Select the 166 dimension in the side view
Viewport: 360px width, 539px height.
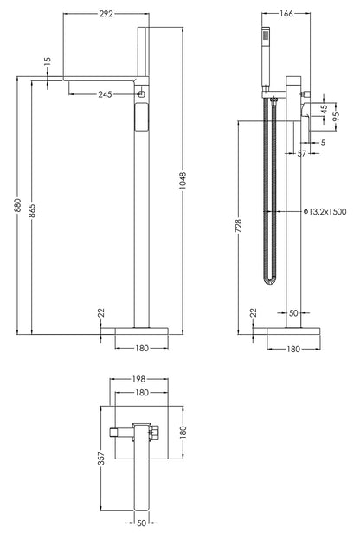tap(286, 14)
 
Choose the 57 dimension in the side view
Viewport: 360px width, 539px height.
tap(303, 153)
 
